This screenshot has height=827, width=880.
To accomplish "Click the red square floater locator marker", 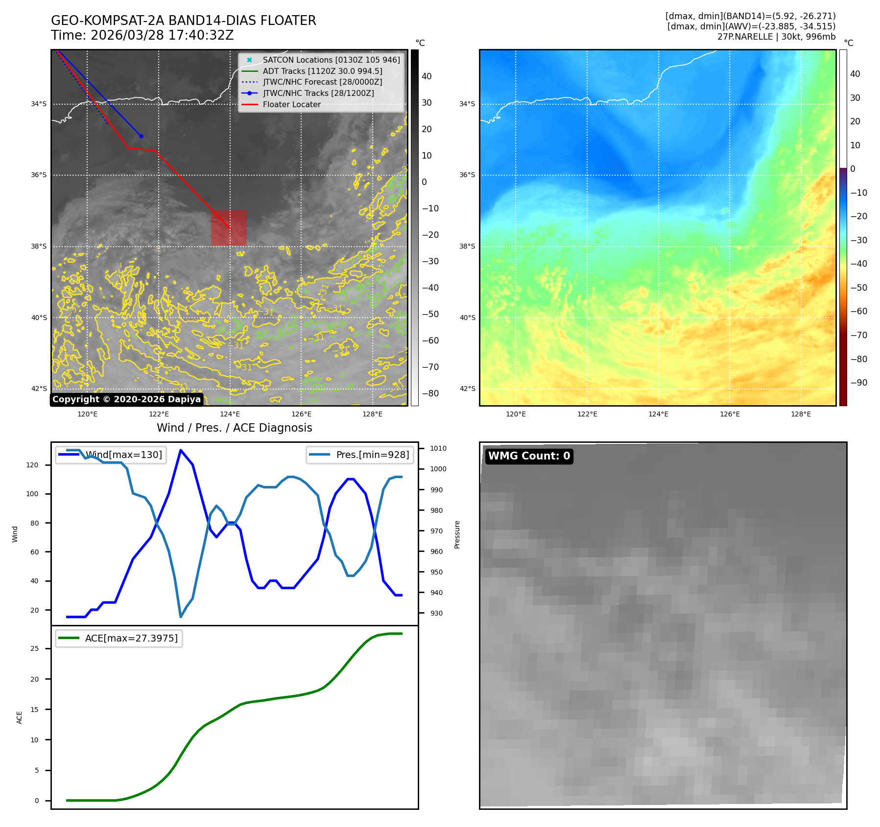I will tap(229, 228).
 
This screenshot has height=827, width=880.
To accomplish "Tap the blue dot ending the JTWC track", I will tap(141, 136).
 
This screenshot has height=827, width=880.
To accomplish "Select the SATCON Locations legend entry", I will tap(331, 60).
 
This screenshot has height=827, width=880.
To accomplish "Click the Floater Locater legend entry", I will tap(291, 105).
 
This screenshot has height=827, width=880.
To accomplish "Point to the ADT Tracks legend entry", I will tap(322, 71).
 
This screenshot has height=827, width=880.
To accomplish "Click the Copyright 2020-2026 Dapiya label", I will tap(126, 399).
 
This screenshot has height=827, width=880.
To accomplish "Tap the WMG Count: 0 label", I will tap(529, 456).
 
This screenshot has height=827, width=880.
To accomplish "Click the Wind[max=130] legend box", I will tap(111, 455).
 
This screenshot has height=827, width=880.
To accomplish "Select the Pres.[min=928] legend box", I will tap(360, 455).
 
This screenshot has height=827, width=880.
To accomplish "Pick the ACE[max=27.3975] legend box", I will tap(119, 638).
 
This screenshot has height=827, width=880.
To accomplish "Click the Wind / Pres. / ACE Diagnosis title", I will tap(234, 428).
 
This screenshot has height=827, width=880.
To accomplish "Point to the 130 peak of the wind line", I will tap(181, 450).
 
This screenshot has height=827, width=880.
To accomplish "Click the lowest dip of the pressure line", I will tap(181, 617).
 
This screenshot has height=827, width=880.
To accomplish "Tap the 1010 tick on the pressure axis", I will tap(438, 448).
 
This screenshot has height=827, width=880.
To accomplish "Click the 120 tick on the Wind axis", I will tap(32, 465).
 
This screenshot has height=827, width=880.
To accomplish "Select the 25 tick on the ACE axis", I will tap(34, 648).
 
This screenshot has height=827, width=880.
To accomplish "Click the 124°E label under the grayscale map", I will tap(230, 414).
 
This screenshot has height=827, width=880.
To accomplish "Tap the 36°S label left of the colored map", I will tap(467, 175).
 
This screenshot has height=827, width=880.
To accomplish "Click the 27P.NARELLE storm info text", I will tap(776, 37).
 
